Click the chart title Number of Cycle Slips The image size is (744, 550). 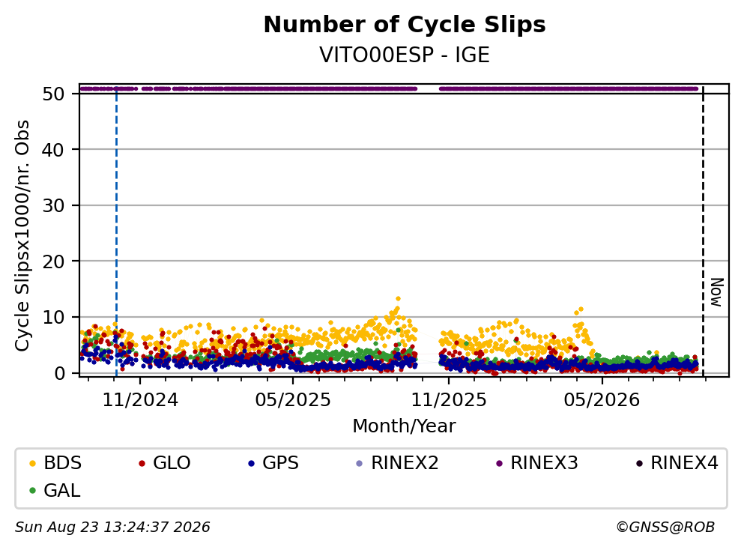coord(405,25)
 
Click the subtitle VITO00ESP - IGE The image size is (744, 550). coord(405,55)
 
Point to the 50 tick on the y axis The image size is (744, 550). coord(53,94)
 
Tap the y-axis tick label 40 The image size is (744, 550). coord(53,150)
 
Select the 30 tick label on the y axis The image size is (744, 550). coord(53,206)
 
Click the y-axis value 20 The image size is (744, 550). coord(53,262)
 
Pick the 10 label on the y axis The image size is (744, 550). coord(53,318)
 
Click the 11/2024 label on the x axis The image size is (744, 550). coord(140,400)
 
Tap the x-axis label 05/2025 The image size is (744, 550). coord(293,400)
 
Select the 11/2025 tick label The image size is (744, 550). coord(448,400)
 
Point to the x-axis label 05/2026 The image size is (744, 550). coord(602,400)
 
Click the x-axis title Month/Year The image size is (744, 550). coord(404,426)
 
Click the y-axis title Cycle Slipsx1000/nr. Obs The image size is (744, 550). coord(22,235)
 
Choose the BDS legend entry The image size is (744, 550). coord(55,462)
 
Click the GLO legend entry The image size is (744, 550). coord(165,462)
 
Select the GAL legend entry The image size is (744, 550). coord(55,490)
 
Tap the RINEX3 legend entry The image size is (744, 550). coord(536,462)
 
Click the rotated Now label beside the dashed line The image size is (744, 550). coord(716,292)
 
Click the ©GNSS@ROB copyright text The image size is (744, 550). coord(665,528)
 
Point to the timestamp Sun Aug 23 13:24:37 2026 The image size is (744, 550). coord(112,528)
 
